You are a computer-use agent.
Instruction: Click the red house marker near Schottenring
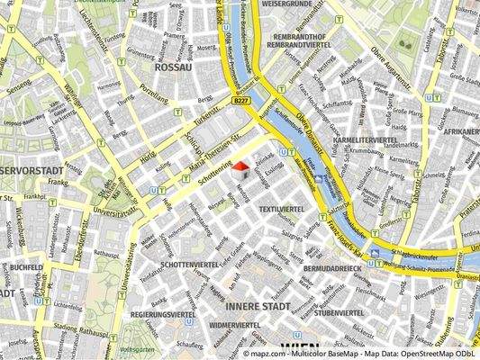click(x=240, y=166)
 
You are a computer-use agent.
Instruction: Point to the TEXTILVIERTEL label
click(x=280, y=209)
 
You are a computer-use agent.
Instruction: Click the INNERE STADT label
click(x=258, y=307)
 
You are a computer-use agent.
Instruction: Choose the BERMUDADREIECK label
click(x=332, y=268)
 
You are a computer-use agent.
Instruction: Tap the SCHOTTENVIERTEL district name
click(x=189, y=265)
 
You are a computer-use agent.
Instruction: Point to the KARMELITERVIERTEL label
click(x=365, y=141)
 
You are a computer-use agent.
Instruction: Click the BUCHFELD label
click(x=28, y=267)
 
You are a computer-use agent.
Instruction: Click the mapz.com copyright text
click(x=361, y=355)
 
